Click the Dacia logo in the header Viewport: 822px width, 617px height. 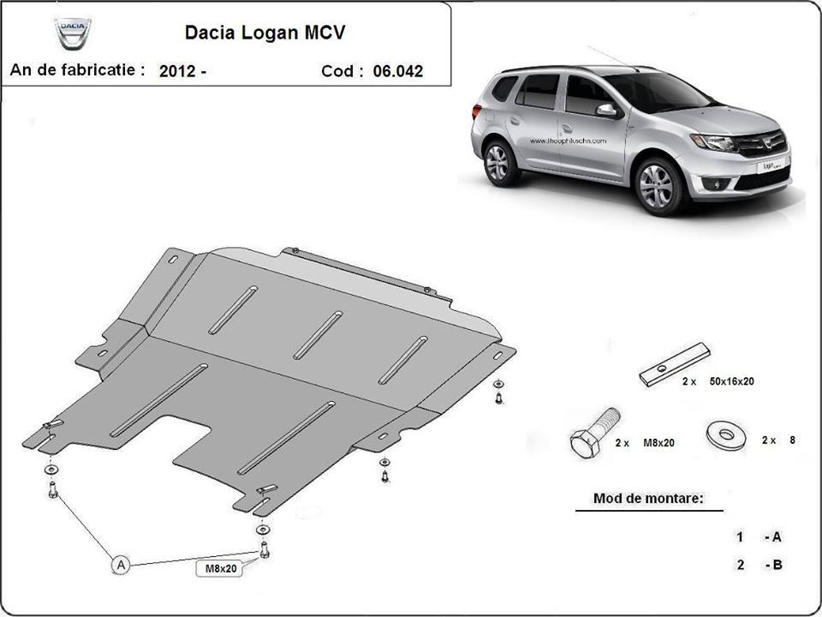(x=73, y=33)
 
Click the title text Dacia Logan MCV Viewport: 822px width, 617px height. (x=266, y=33)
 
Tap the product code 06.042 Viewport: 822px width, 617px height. (x=397, y=71)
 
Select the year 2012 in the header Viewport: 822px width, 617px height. (x=177, y=72)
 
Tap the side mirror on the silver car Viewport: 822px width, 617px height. (x=606, y=111)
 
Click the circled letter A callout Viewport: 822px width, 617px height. (x=122, y=564)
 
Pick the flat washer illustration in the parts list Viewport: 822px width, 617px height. (x=725, y=435)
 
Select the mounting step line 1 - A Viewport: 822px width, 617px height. (x=759, y=537)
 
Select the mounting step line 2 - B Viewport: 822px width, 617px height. (x=759, y=565)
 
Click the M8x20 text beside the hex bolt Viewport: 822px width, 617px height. (x=657, y=443)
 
